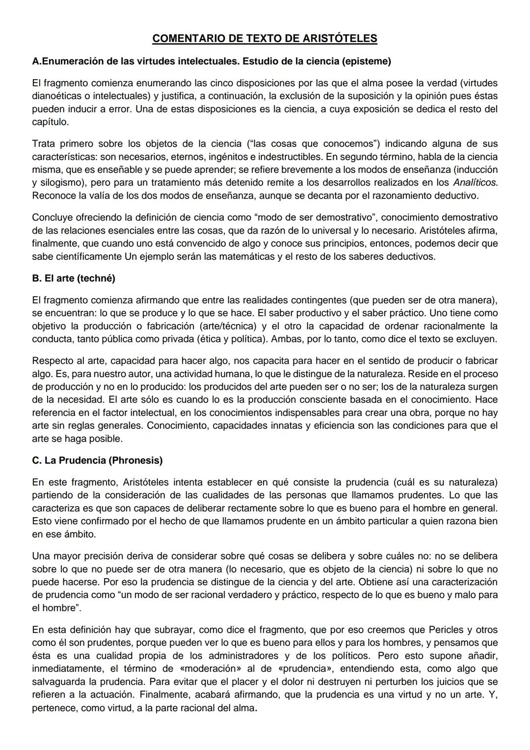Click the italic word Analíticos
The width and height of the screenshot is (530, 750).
pos(475,183)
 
